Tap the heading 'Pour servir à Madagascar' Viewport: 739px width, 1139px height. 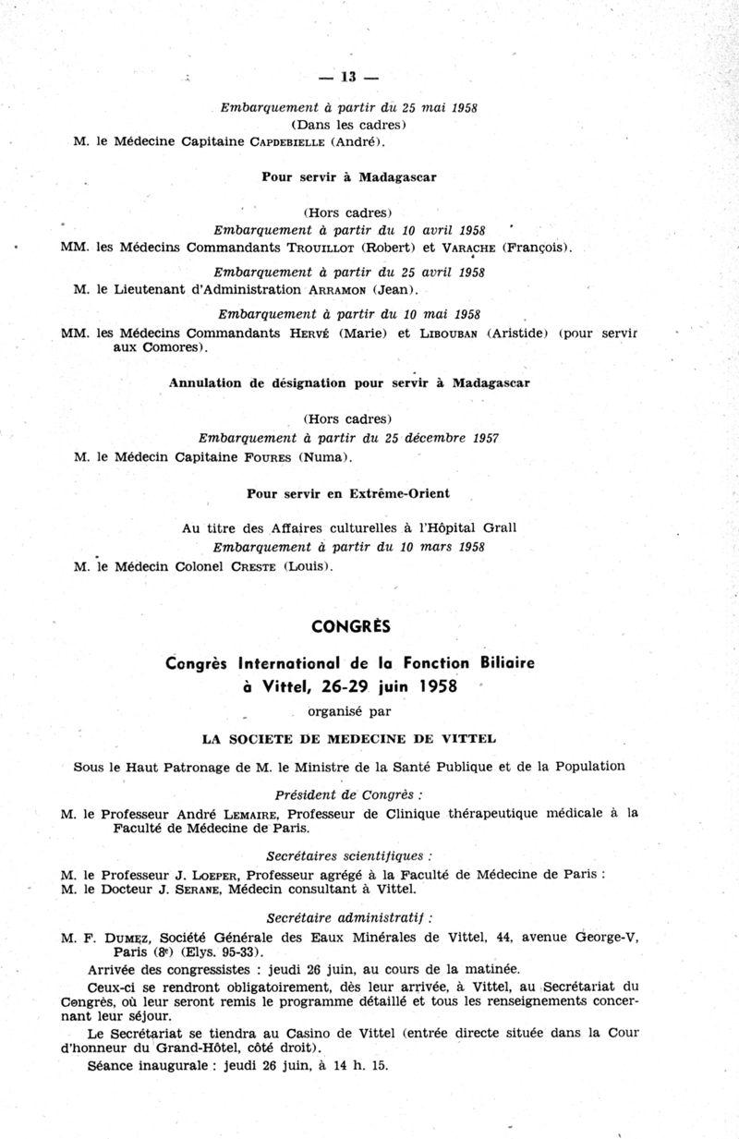click(x=349, y=176)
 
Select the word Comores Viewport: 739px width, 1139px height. click(x=172, y=347)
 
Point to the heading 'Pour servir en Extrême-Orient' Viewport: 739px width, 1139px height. click(x=349, y=493)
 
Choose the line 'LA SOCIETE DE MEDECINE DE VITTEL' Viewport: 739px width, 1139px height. click(x=349, y=738)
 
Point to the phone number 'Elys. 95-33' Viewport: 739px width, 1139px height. click(x=223, y=951)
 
